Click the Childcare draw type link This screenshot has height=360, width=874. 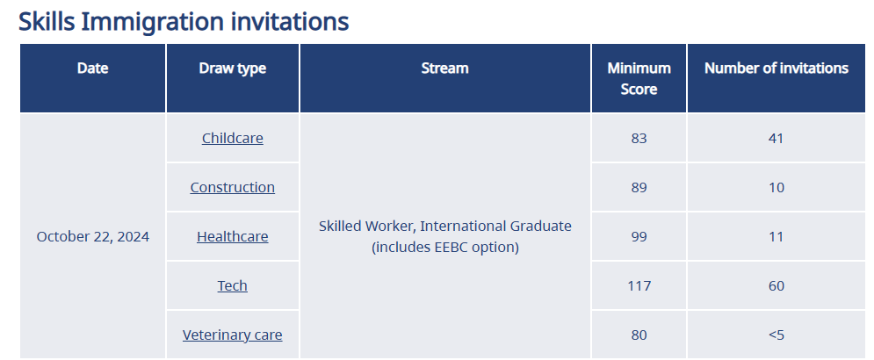pyautogui.click(x=233, y=138)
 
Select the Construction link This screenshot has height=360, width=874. pyautogui.click(x=233, y=187)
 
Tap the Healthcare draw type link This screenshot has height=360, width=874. pyautogui.click(x=233, y=236)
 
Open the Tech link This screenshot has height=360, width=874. pyautogui.click(x=233, y=285)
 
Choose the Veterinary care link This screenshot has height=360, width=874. pyautogui.click(x=233, y=335)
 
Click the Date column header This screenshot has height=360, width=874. pyautogui.click(x=92, y=68)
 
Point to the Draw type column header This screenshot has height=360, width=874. pyautogui.click(x=233, y=68)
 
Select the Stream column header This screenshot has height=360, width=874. pyautogui.click(x=444, y=68)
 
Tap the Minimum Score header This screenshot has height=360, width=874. pyautogui.click(x=639, y=78)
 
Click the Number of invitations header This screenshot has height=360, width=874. pyautogui.click(x=776, y=68)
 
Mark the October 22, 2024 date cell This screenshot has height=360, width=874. pyautogui.click(x=93, y=237)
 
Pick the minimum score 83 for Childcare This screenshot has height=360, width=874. pyautogui.click(x=639, y=138)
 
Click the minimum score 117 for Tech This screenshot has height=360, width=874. pyautogui.click(x=639, y=286)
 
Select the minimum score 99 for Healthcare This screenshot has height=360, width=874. pyautogui.click(x=639, y=237)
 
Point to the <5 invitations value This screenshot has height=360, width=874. pyautogui.click(x=776, y=335)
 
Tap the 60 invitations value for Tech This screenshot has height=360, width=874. pyautogui.click(x=776, y=286)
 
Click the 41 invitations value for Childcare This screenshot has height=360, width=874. pyautogui.click(x=776, y=138)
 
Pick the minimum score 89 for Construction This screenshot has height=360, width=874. pyautogui.click(x=639, y=187)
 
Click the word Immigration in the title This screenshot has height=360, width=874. pyautogui.click(x=152, y=22)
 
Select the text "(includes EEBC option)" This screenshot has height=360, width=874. pyautogui.click(x=444, y=247)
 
